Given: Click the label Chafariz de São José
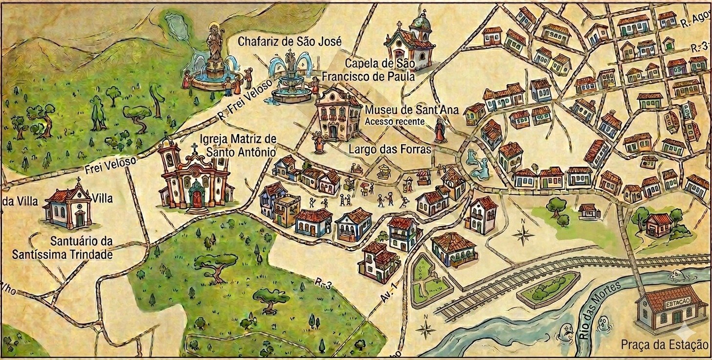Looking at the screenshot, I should (x=289, y=41).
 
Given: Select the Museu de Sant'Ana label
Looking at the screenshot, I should (x=412, y=110).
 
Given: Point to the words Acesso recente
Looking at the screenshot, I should (x=395, y=121).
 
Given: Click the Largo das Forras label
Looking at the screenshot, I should (x=390, y=149).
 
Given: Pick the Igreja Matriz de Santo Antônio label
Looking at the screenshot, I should (x=237, y=145).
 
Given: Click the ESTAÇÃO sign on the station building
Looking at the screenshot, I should (x=676, y=303).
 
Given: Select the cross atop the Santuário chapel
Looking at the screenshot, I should (x=78, y=181).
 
